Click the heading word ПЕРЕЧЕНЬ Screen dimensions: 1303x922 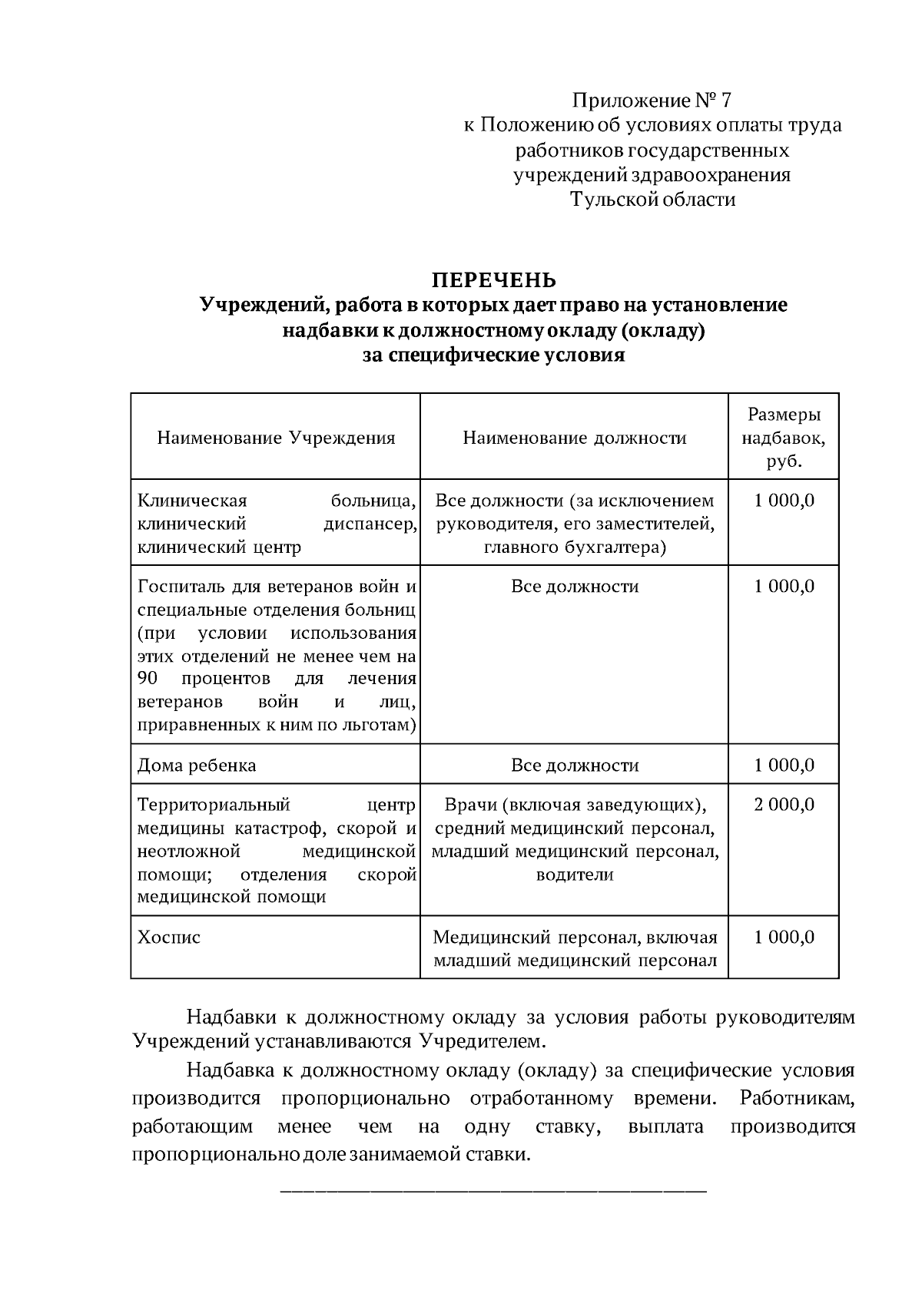coord(493,280)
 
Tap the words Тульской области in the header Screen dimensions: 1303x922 coord(652,200)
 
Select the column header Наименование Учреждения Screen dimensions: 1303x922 coord(276,438)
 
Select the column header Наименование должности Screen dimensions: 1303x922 coord(574,438)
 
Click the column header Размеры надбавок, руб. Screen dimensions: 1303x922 coord(784,438)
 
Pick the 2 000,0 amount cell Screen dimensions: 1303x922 coord(784,805)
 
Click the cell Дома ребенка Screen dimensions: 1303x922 coord(196,766)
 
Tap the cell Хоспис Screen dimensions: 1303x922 coord(168,938)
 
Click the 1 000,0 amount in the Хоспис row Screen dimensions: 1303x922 coord(784,938)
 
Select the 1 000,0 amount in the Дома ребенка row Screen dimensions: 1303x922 coord(784,766)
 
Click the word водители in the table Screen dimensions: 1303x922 coord(574,875)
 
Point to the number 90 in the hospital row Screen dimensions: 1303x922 coord(148,679)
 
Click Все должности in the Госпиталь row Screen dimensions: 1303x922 coord(574,587)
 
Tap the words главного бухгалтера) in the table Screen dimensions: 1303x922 coord(574,547)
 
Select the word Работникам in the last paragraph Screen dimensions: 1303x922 coord(797,1098)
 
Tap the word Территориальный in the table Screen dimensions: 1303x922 coord(213,805)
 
